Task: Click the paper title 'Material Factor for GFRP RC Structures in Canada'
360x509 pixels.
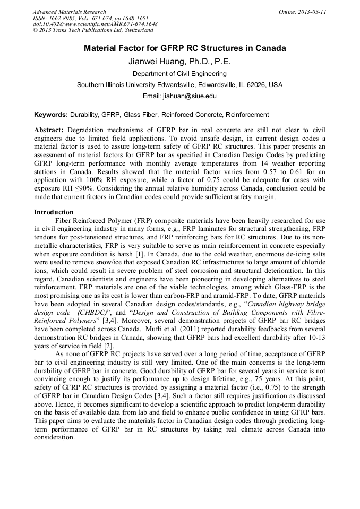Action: pyautogui.click(x=185, y=48)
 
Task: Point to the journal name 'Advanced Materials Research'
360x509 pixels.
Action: pyautogui.click(x=69, y=12)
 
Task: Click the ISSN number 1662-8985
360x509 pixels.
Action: pyautogui.click(x=62, y=18)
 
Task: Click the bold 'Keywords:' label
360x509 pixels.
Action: pyautogui.click(x=51, y=114)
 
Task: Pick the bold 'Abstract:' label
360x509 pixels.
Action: pyautogui.click(x=49, y=130)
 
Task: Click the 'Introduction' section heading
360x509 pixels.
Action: pyautogui.click(x=54, y=212)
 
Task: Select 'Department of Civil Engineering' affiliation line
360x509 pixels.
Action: pyautogui.click(x=179, y=74)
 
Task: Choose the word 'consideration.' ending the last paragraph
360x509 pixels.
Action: pyautogui.click(x=56, y=437)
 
